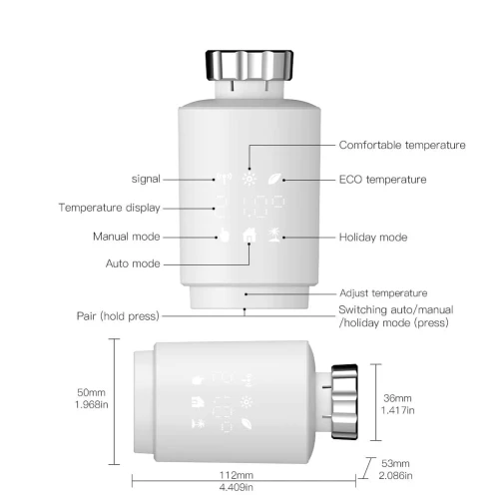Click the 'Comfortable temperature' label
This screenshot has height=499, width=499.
(402, 146)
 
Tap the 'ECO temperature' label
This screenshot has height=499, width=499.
(382, 180)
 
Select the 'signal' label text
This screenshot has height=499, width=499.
(146, 180)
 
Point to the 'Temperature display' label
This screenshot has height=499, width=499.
(110, 208)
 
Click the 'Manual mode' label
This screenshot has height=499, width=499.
(127, 237)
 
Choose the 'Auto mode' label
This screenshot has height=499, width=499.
(133, 263)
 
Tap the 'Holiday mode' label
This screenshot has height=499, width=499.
(373, 238)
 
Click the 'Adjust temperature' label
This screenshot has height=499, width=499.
(383, 293)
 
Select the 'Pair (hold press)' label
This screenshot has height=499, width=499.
(118, 316)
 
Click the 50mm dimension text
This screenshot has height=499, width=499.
(91, 392)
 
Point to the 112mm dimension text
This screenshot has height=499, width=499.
(237, 475)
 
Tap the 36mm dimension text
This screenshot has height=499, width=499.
(397, 398)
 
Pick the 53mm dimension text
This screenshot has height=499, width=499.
(395, 463)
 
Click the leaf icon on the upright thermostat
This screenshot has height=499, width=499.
(275, 179)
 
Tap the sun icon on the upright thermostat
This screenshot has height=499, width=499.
(249, 179)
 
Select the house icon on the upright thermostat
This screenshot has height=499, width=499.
(249, 236)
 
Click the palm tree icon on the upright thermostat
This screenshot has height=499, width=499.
(274, 235)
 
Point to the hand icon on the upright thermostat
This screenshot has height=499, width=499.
(225, 235)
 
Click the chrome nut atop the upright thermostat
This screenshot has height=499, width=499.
(249, 66)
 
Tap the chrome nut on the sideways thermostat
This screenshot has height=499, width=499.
(344, 401)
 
